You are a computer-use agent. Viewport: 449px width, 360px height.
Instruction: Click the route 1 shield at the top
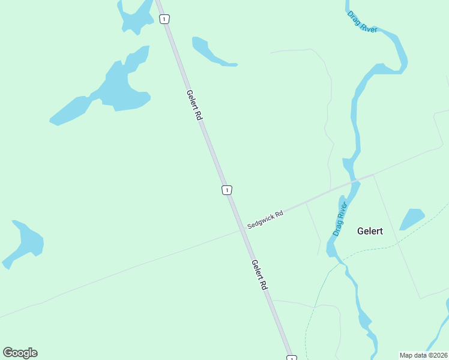(x=164, y=19)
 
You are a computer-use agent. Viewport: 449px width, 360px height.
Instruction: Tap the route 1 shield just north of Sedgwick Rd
(x=226, y=190)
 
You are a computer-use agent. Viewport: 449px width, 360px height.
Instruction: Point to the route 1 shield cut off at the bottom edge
(x=292, y=358)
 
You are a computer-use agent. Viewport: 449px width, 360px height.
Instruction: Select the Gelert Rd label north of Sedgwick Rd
(x=193, y=106)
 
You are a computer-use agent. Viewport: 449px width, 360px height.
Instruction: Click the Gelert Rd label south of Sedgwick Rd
(x=259, y=275)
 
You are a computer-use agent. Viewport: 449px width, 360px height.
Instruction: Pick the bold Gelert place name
(x=370, y=230)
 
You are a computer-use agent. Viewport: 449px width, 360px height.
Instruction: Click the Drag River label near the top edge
(x=362, y=20)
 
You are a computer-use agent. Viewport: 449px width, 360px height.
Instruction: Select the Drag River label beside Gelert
(x=340, y=220)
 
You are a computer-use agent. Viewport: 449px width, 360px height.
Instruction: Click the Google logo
(x=20, y=352)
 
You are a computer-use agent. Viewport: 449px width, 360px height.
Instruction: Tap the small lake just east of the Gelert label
(x=412, y=219)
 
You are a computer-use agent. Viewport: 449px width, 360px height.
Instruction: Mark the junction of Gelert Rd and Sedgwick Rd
(x=241, y=230)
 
